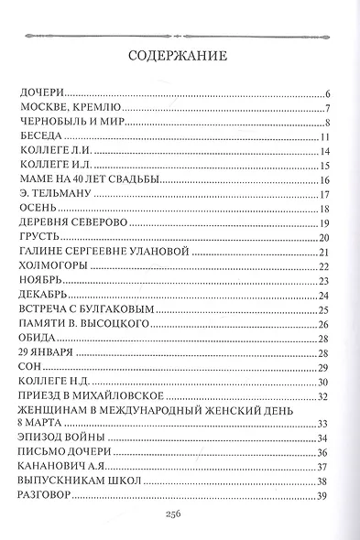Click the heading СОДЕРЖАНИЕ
(179, 54)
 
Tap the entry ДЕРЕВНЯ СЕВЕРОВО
(72, 223)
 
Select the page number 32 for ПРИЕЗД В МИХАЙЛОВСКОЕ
(322, 395)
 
